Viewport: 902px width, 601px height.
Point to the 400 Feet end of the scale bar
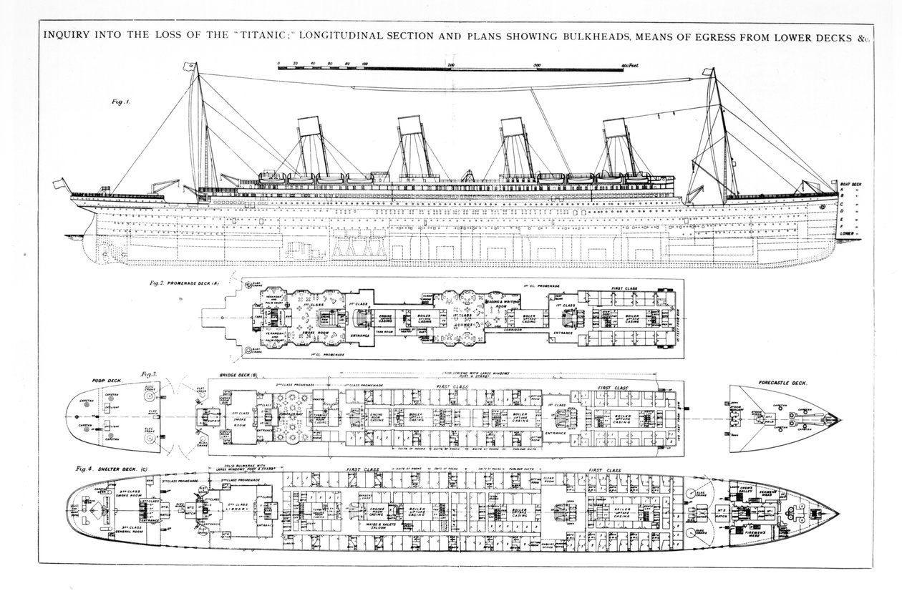629,65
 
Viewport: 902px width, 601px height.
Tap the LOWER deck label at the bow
848,233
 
